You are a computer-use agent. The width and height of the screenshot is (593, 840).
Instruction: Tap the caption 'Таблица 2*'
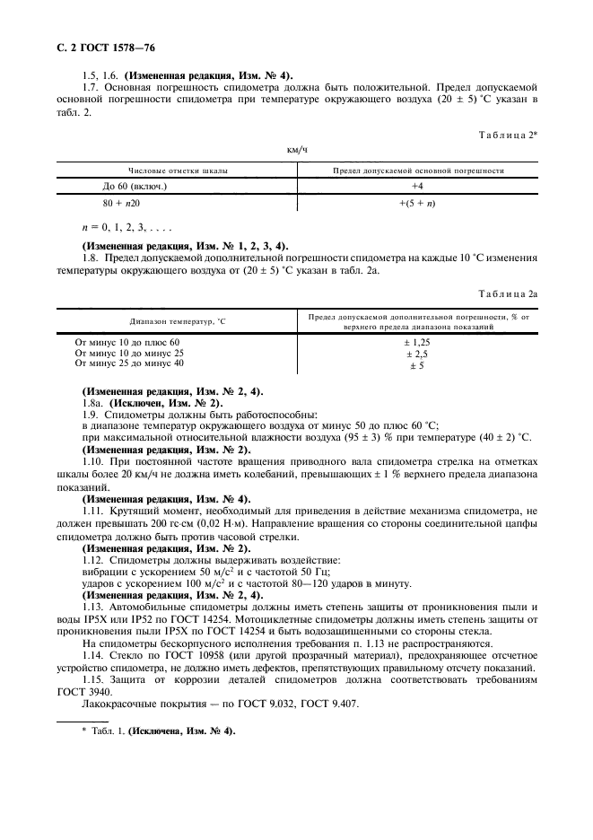click(x=505, y=134)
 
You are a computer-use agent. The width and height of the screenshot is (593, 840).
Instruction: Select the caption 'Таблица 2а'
click(x=505, y=293)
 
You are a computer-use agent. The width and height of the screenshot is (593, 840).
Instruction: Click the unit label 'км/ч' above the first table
click(x=297, y=150)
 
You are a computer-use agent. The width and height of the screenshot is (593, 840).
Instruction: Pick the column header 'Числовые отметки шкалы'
click(x=178, y=170)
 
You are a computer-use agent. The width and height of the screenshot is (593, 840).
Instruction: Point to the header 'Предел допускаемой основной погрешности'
click(x=417, y=170)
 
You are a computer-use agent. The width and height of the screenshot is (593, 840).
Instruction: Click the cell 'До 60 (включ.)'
click(x=135, y=186)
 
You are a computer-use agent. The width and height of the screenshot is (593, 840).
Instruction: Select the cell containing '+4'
click(x=417, y=186)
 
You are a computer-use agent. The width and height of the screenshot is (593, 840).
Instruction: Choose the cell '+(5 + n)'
click(x=417, y=204)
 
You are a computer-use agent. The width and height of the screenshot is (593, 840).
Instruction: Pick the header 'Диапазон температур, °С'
click(x=178, y=321)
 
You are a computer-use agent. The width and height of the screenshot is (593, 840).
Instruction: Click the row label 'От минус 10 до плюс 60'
click(x=128, y=343)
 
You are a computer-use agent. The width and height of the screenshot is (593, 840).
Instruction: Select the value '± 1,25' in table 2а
click(x=417, y=343)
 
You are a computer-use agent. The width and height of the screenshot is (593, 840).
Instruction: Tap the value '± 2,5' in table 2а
click(x=417, y=354)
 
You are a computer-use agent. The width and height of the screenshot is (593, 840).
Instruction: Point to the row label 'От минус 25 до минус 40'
click(x=130, y=364)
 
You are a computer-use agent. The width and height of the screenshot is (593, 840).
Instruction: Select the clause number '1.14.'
click(x=93, y=654)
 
